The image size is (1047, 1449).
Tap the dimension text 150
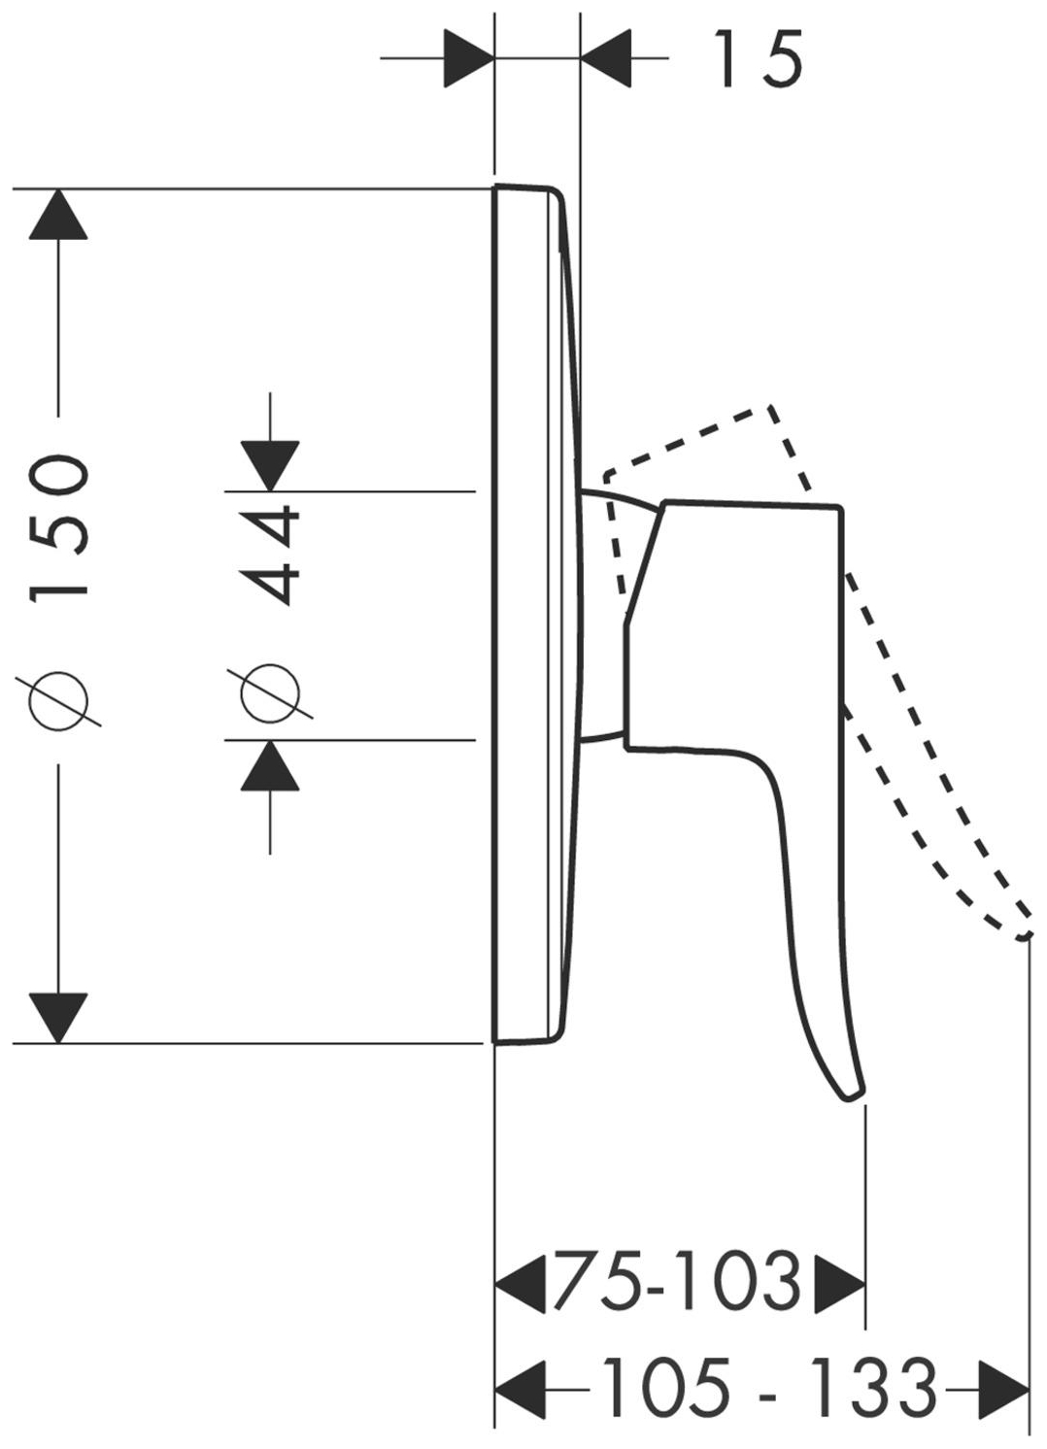[58, 529]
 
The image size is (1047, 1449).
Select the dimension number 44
[270, 556]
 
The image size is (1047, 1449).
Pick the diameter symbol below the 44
[270, 693]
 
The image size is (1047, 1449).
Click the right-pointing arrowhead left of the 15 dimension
[469, 58]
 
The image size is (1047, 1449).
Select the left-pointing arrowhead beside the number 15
[606, 58]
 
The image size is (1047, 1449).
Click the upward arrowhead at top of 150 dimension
[58, 215]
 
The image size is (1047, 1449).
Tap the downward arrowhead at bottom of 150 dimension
[58, 1018]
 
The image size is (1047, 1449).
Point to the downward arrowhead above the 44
[270, 466]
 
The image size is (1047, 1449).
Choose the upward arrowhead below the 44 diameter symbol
[270, 765]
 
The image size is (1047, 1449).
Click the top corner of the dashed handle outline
[769, 407]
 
